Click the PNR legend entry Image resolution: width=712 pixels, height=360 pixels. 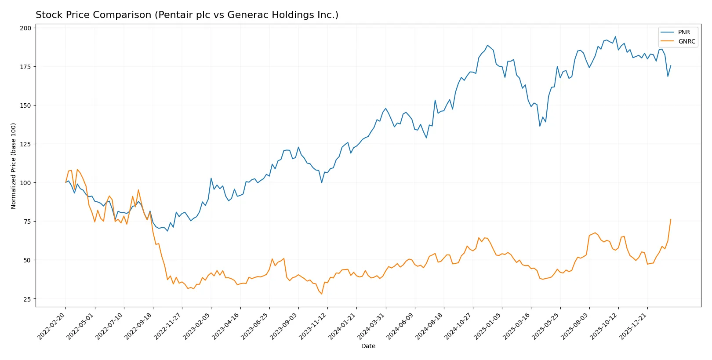pos(683,32)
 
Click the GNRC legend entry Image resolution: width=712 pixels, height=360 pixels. pos(686,41)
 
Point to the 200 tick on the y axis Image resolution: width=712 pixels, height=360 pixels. pos(25,28)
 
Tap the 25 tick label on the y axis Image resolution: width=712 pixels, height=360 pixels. pos(27,299)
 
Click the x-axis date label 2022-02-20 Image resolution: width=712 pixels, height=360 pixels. pos(52,326)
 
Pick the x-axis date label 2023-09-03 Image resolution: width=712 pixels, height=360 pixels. pos(284,326)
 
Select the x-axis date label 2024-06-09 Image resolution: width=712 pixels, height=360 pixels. pos(401,326)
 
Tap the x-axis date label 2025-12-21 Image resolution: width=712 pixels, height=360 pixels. pos(633,326)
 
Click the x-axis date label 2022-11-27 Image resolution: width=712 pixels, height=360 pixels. pos(168,326)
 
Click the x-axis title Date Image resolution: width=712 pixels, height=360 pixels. pos(368,346)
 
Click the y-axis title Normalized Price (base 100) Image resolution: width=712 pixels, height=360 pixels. pos(14,166)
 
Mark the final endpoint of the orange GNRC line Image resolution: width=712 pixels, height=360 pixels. pos(671,219)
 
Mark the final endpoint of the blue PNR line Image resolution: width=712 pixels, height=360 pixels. pos(671,65)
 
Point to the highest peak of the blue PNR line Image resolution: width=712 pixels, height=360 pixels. pos(615,36)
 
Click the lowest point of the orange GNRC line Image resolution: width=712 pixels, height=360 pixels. pos(322,294)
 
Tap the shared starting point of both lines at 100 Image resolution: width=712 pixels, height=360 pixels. pos(66,182)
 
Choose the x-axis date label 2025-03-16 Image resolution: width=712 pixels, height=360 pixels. pos(517,326)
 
